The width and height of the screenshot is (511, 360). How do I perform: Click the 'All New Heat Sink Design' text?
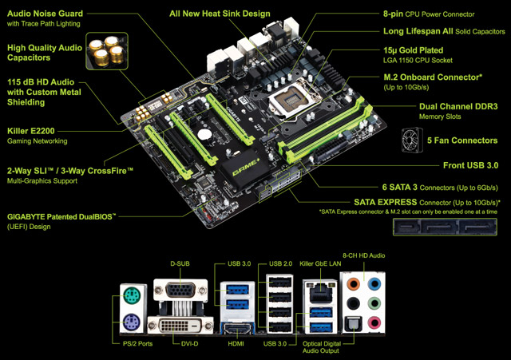[220, 14]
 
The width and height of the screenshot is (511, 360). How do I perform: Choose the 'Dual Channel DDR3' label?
[459, 106]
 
